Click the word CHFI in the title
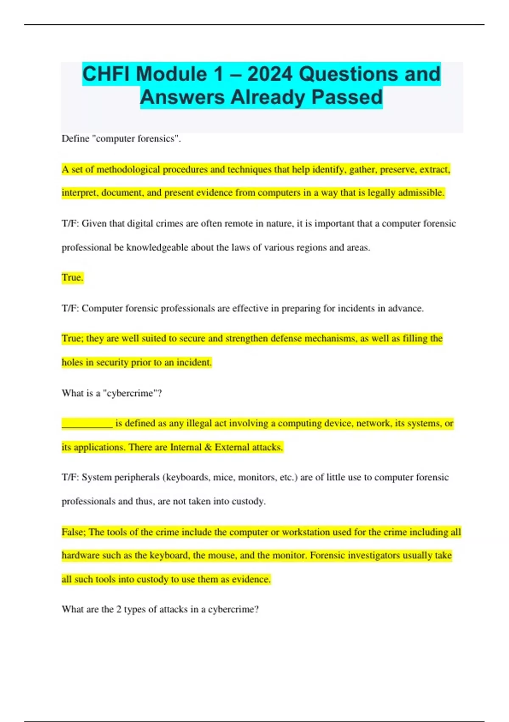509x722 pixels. [106, 74]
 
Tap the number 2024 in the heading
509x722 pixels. [270, 74]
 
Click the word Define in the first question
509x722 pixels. [76, 139]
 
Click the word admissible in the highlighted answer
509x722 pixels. [422, 193]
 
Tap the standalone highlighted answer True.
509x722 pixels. [72, 278]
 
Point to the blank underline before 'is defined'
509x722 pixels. [87, 423]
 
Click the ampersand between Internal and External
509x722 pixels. [208, 447]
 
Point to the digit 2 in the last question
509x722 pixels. [119, 609]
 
